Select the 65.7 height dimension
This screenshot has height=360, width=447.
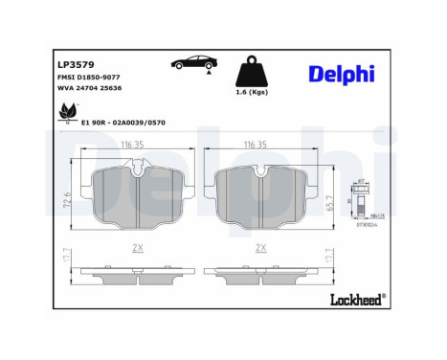332,201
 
